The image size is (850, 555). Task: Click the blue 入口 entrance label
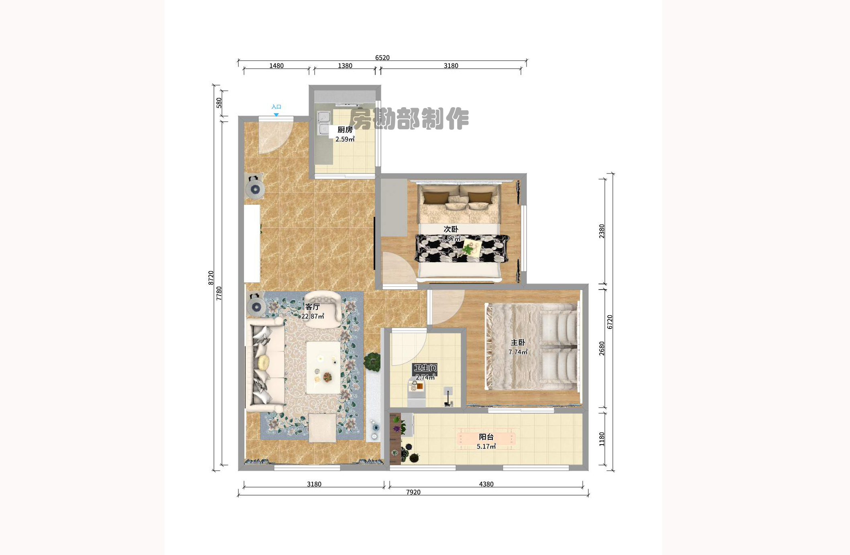(276, 107)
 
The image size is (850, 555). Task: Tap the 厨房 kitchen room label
(345, 130)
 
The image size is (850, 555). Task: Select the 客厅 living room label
(312, 307)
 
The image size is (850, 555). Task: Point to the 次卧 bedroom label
(451, 229)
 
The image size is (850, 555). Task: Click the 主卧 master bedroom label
(518, 343)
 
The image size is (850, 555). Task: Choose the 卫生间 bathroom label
(425, 368)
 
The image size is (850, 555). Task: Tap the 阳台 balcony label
(486, 437)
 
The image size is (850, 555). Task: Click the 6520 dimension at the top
(382, 58)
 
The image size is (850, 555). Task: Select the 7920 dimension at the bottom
(413, 492)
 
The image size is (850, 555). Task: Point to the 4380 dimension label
(486, 484)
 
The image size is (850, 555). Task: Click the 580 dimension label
(219, 103)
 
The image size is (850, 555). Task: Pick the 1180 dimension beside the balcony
(602, 439)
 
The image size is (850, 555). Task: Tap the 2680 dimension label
(602, 348)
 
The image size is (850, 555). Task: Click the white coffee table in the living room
(323, 367)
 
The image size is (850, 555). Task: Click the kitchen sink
(324, 123)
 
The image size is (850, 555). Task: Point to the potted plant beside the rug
(373, 362)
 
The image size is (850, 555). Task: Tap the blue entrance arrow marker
(276, 115)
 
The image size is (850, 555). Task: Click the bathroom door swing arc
(407, 348)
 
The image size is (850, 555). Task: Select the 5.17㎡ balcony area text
(486, 447)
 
